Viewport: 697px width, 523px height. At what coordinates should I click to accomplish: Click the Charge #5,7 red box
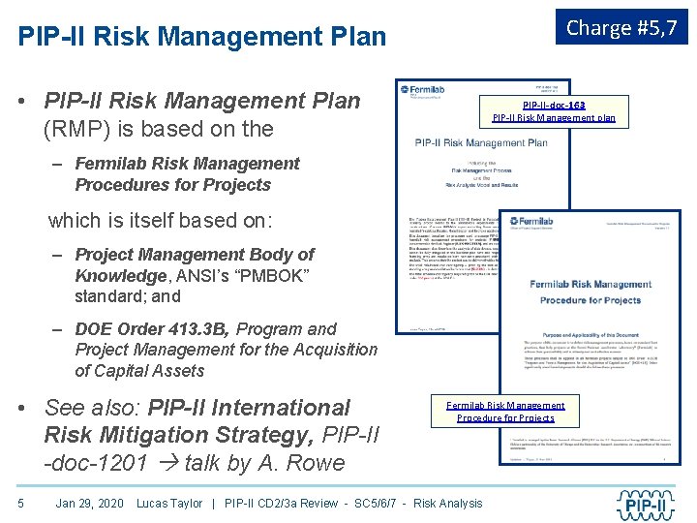click(x=621, y=28)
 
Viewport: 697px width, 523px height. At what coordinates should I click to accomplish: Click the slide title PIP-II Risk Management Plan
click(x=202, y=37)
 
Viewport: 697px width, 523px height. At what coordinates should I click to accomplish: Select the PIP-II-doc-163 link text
click(x=554, y=105)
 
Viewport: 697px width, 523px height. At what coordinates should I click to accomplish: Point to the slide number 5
click(x=20, y=503)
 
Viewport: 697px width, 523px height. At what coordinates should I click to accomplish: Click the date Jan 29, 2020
click(x=89, y=503)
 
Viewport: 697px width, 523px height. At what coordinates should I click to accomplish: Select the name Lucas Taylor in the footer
click(x=169, y=503)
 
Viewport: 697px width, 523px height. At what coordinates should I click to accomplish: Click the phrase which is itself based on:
click(x=160, y=220)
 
